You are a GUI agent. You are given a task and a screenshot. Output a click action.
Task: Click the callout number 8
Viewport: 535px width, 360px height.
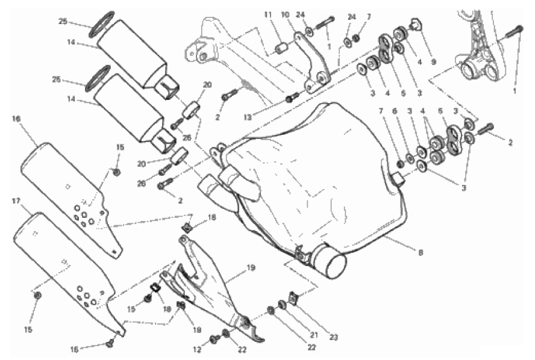coord(421,253)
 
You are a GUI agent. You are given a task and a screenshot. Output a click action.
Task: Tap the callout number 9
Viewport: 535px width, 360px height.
coord(433,63)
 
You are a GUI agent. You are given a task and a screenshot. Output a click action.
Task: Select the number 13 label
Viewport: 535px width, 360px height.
coord(248,117)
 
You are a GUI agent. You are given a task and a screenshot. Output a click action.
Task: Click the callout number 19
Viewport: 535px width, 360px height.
coord(251,268)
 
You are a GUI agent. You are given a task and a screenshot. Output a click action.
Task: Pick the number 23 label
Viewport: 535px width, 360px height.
coord(333,338)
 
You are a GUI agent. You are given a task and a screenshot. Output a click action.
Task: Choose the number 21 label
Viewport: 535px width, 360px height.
coord(314,335)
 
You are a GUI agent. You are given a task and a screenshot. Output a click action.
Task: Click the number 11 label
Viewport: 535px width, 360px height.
coord(268,14)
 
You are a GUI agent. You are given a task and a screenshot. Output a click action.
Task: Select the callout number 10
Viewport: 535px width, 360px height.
coord(285,14)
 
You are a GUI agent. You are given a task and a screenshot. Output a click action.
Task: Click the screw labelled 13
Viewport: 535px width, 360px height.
coord(293,97)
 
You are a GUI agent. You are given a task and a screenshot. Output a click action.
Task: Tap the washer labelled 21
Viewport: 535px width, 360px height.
coord(282,305)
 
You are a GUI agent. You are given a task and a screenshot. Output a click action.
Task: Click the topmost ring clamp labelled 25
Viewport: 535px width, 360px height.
coord(102,24)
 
